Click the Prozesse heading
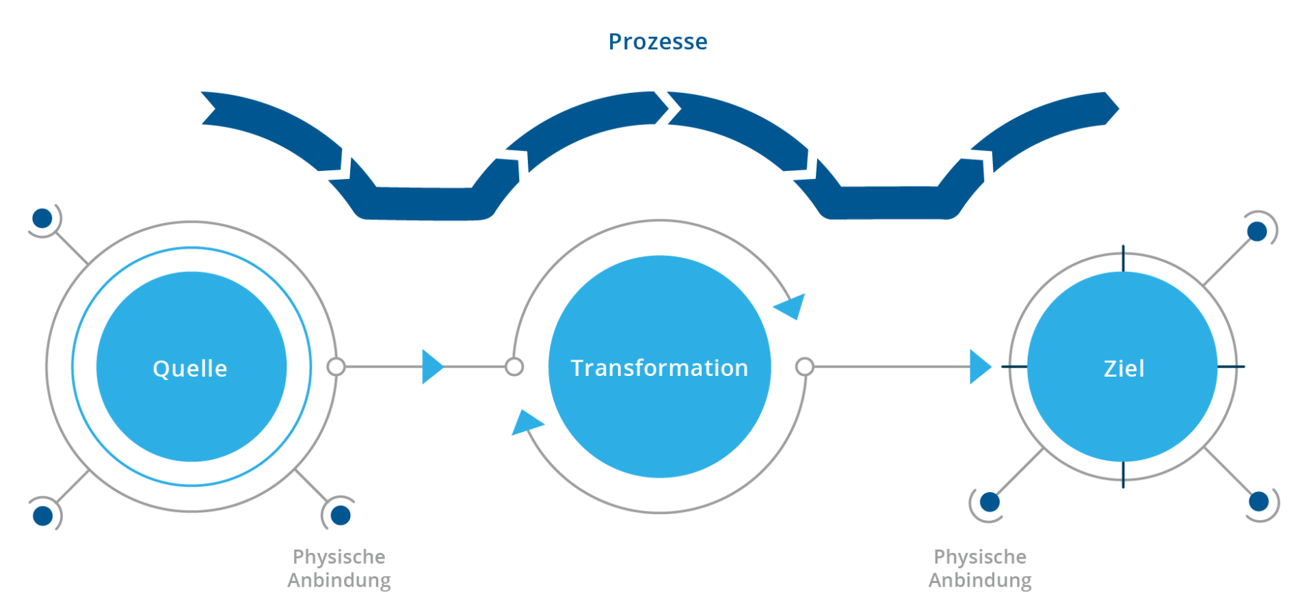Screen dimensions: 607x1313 coord(658,42)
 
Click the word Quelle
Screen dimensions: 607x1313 coord(190,368)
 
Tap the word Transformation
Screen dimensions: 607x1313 coord(659,368)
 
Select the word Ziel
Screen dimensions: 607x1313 coord(1124,368)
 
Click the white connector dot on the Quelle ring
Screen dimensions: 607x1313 coord(336,367)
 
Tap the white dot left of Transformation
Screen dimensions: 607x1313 coord(514,367)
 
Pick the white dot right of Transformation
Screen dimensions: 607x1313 coord(805,367)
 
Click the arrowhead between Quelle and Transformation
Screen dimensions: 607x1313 coord(432,367)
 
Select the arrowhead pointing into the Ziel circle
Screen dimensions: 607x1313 coord(979,367)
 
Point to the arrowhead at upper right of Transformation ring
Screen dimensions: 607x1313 coord(792,306)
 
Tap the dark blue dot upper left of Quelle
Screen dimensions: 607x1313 coord(42,219)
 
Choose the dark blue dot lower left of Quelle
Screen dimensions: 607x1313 coord(42,515)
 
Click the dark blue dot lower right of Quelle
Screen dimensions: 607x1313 coord(340,515)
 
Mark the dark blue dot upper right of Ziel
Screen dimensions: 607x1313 coord(1257,232)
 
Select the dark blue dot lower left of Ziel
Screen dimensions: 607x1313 coord(989,502)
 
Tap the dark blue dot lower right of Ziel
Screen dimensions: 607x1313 coord(1258,502)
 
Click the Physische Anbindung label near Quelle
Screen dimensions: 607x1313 coord(339,568)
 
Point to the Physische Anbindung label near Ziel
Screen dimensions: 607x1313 coord(980,568)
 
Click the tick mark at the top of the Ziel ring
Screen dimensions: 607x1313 coord(1123,258)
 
